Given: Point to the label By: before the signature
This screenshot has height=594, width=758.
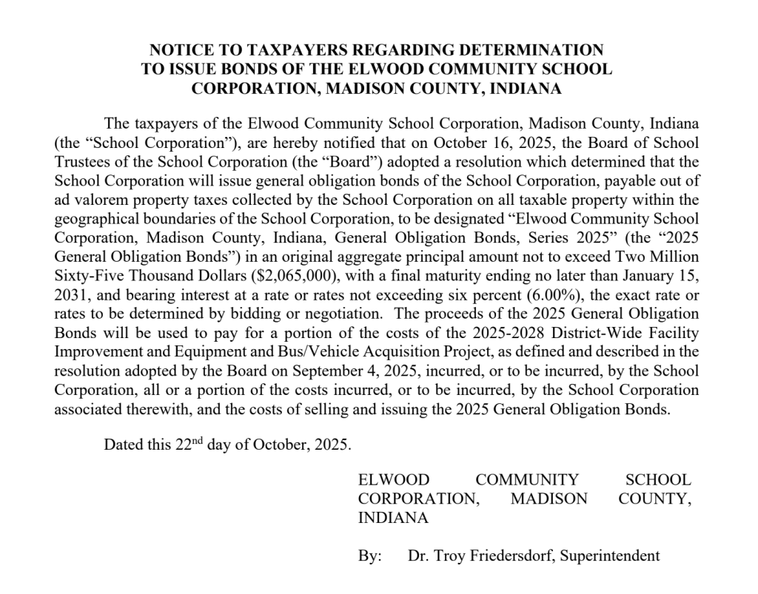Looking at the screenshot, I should click(370, 555).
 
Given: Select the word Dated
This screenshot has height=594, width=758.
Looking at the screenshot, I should click(124, 445).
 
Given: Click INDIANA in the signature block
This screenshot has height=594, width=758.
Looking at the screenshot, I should click(393, 518).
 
